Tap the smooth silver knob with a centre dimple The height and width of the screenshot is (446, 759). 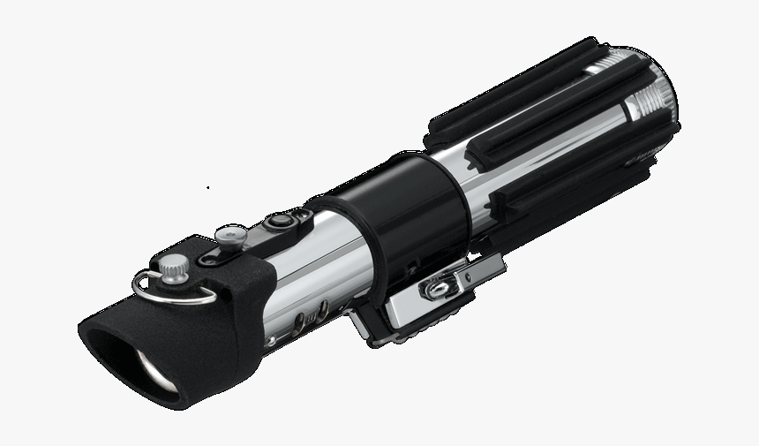point(231,236)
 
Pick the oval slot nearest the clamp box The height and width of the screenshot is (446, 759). point(323,310)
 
